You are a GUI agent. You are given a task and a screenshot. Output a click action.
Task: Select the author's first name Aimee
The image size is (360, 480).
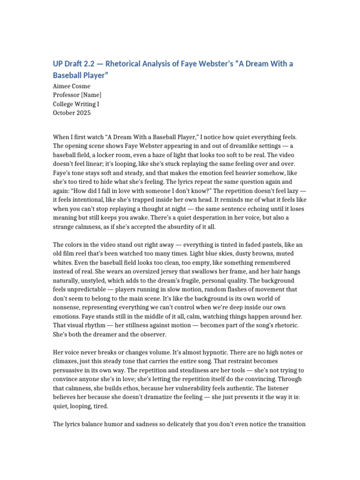[63, 86]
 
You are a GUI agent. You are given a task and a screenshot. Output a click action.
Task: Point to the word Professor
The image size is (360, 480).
[68, 95]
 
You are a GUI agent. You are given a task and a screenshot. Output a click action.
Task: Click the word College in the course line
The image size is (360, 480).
[65, 104]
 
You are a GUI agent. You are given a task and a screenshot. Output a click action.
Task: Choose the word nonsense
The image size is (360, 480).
[71, 307]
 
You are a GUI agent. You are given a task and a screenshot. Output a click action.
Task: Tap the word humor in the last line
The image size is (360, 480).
[121, 424]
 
